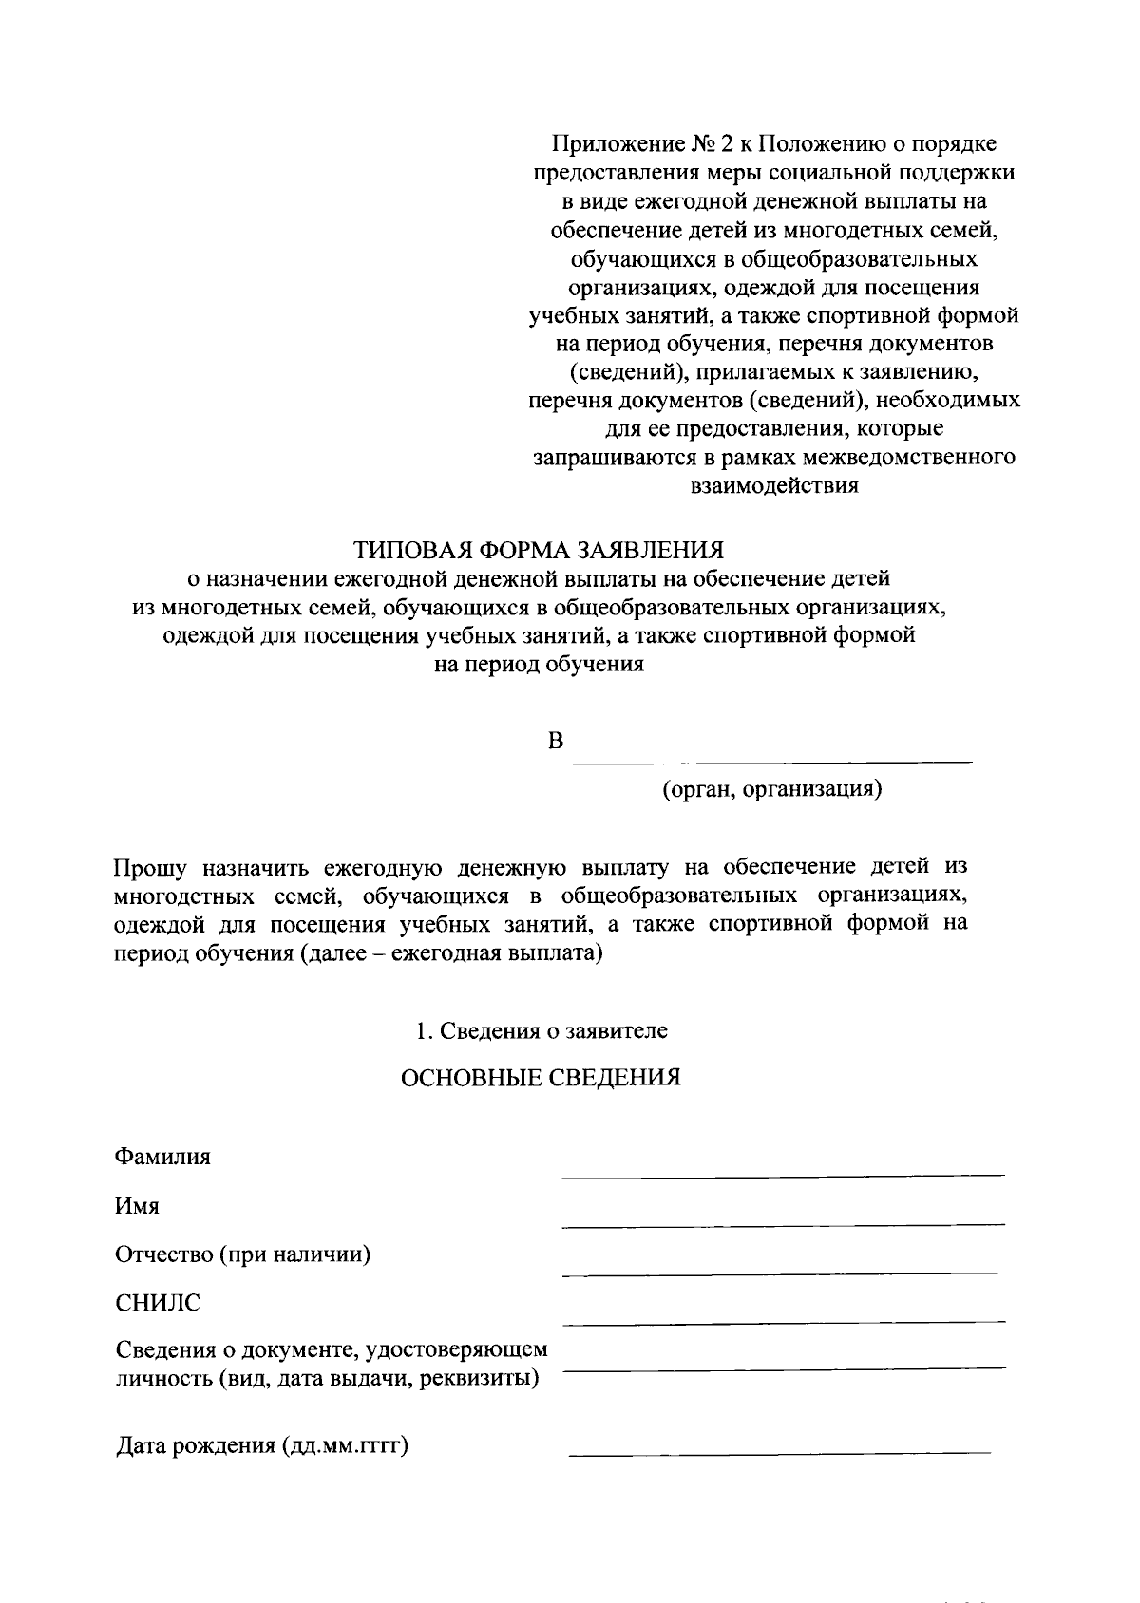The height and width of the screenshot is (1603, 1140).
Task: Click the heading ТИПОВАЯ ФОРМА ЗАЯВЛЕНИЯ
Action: pyautogui.click(x=539, y=550)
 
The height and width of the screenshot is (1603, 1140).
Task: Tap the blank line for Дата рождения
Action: pyautogui.click(x=779, y=1453)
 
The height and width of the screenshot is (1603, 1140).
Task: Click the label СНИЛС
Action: pyautogui.click(x=158, y=1304)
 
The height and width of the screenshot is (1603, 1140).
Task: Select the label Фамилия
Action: pyautogui.click(x=162, y=1157)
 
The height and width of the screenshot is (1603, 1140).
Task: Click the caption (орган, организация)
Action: pyautogui.click(x=772, y=789)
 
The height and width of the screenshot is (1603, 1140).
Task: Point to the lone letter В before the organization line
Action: pyautogui.click(x=556, y=742)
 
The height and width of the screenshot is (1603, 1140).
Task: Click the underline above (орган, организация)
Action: pyautogui.click(x=776, y=762)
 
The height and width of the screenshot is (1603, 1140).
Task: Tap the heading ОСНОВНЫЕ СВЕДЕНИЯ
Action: pyautogui.click(x=541, y=1078)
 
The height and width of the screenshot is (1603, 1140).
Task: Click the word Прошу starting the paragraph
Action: pyautogui.click(x=151, y=867)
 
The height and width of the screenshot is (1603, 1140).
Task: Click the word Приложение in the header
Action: pyautogui.click(x=614, y=144)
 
